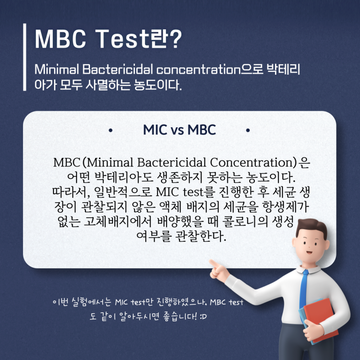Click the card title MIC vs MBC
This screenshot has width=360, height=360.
point(180,130)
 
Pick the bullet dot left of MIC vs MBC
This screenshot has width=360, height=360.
point(110,131)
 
